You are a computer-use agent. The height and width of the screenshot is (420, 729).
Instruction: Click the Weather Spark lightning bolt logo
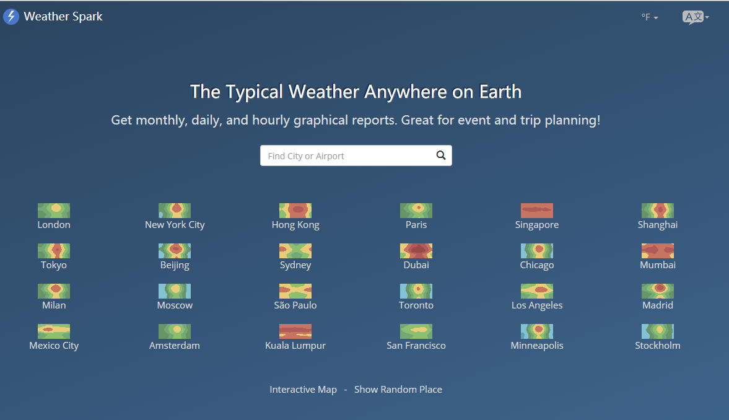11,17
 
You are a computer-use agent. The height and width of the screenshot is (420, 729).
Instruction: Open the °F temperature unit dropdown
650,17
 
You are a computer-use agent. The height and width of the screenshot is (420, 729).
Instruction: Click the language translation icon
695,17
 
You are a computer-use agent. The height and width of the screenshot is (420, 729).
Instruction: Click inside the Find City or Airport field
346,156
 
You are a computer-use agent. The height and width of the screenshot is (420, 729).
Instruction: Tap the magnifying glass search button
441,155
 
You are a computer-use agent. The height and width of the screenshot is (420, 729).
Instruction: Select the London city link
54,225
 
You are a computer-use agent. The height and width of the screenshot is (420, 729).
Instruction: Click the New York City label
175,225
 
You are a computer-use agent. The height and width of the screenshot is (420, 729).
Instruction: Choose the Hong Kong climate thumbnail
295,211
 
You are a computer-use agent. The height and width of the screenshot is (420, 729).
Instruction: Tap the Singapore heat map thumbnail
537,211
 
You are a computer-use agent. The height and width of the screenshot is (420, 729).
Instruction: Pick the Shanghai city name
657,225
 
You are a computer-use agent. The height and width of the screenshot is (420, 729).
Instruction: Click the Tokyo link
54,265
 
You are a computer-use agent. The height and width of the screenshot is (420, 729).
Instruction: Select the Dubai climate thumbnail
416,251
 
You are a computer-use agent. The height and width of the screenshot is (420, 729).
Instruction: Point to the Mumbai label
657,265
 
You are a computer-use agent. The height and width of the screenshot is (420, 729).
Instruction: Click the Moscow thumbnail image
175,291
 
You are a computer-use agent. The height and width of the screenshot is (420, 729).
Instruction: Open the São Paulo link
295,305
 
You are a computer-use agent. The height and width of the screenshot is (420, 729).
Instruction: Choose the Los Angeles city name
537,305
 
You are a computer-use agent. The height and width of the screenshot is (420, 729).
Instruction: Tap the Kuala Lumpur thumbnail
295,331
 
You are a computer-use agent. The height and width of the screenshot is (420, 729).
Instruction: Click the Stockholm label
657,346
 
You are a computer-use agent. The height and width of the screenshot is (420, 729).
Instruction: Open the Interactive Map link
303,389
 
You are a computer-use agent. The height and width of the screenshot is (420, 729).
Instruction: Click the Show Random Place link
398,389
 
